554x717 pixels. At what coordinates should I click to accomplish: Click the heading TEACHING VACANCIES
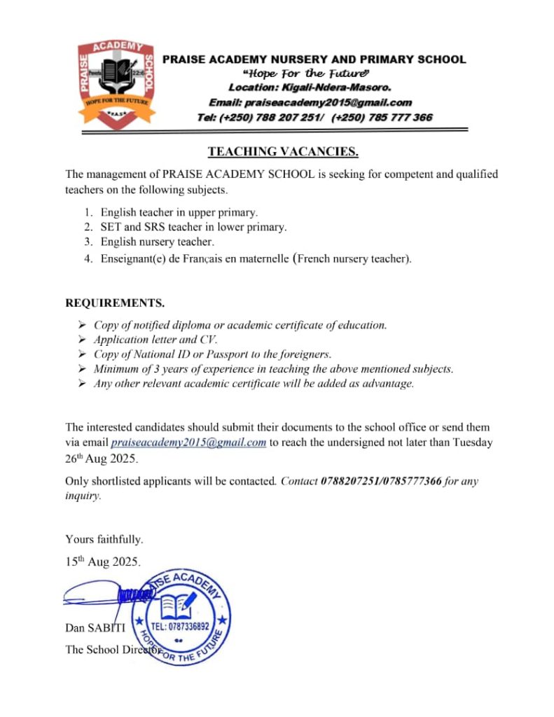tap(283, 152)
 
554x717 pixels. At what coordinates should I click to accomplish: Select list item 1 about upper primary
tap(179, 212)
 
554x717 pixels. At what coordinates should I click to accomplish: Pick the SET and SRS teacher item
tap(193, 227)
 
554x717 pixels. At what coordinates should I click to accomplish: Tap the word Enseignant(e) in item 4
tap(133, 259)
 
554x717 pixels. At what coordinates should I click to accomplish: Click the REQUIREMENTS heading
tap(115, 303)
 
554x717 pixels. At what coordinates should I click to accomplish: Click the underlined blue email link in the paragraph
tap(188, 443)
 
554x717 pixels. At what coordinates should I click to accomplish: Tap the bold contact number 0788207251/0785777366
tap(381, 482)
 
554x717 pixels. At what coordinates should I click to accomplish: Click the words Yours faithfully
tap(104, 539)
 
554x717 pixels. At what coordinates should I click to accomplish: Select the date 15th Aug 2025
tap(103, 561)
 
